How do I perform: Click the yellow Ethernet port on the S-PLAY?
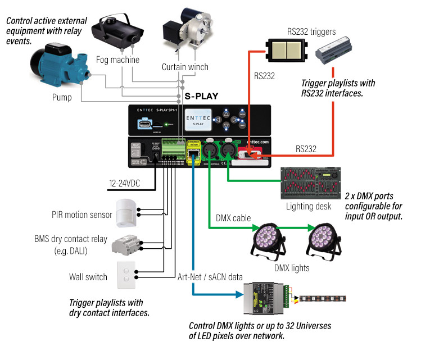coord(193,148)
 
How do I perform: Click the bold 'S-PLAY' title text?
coord(201,96)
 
